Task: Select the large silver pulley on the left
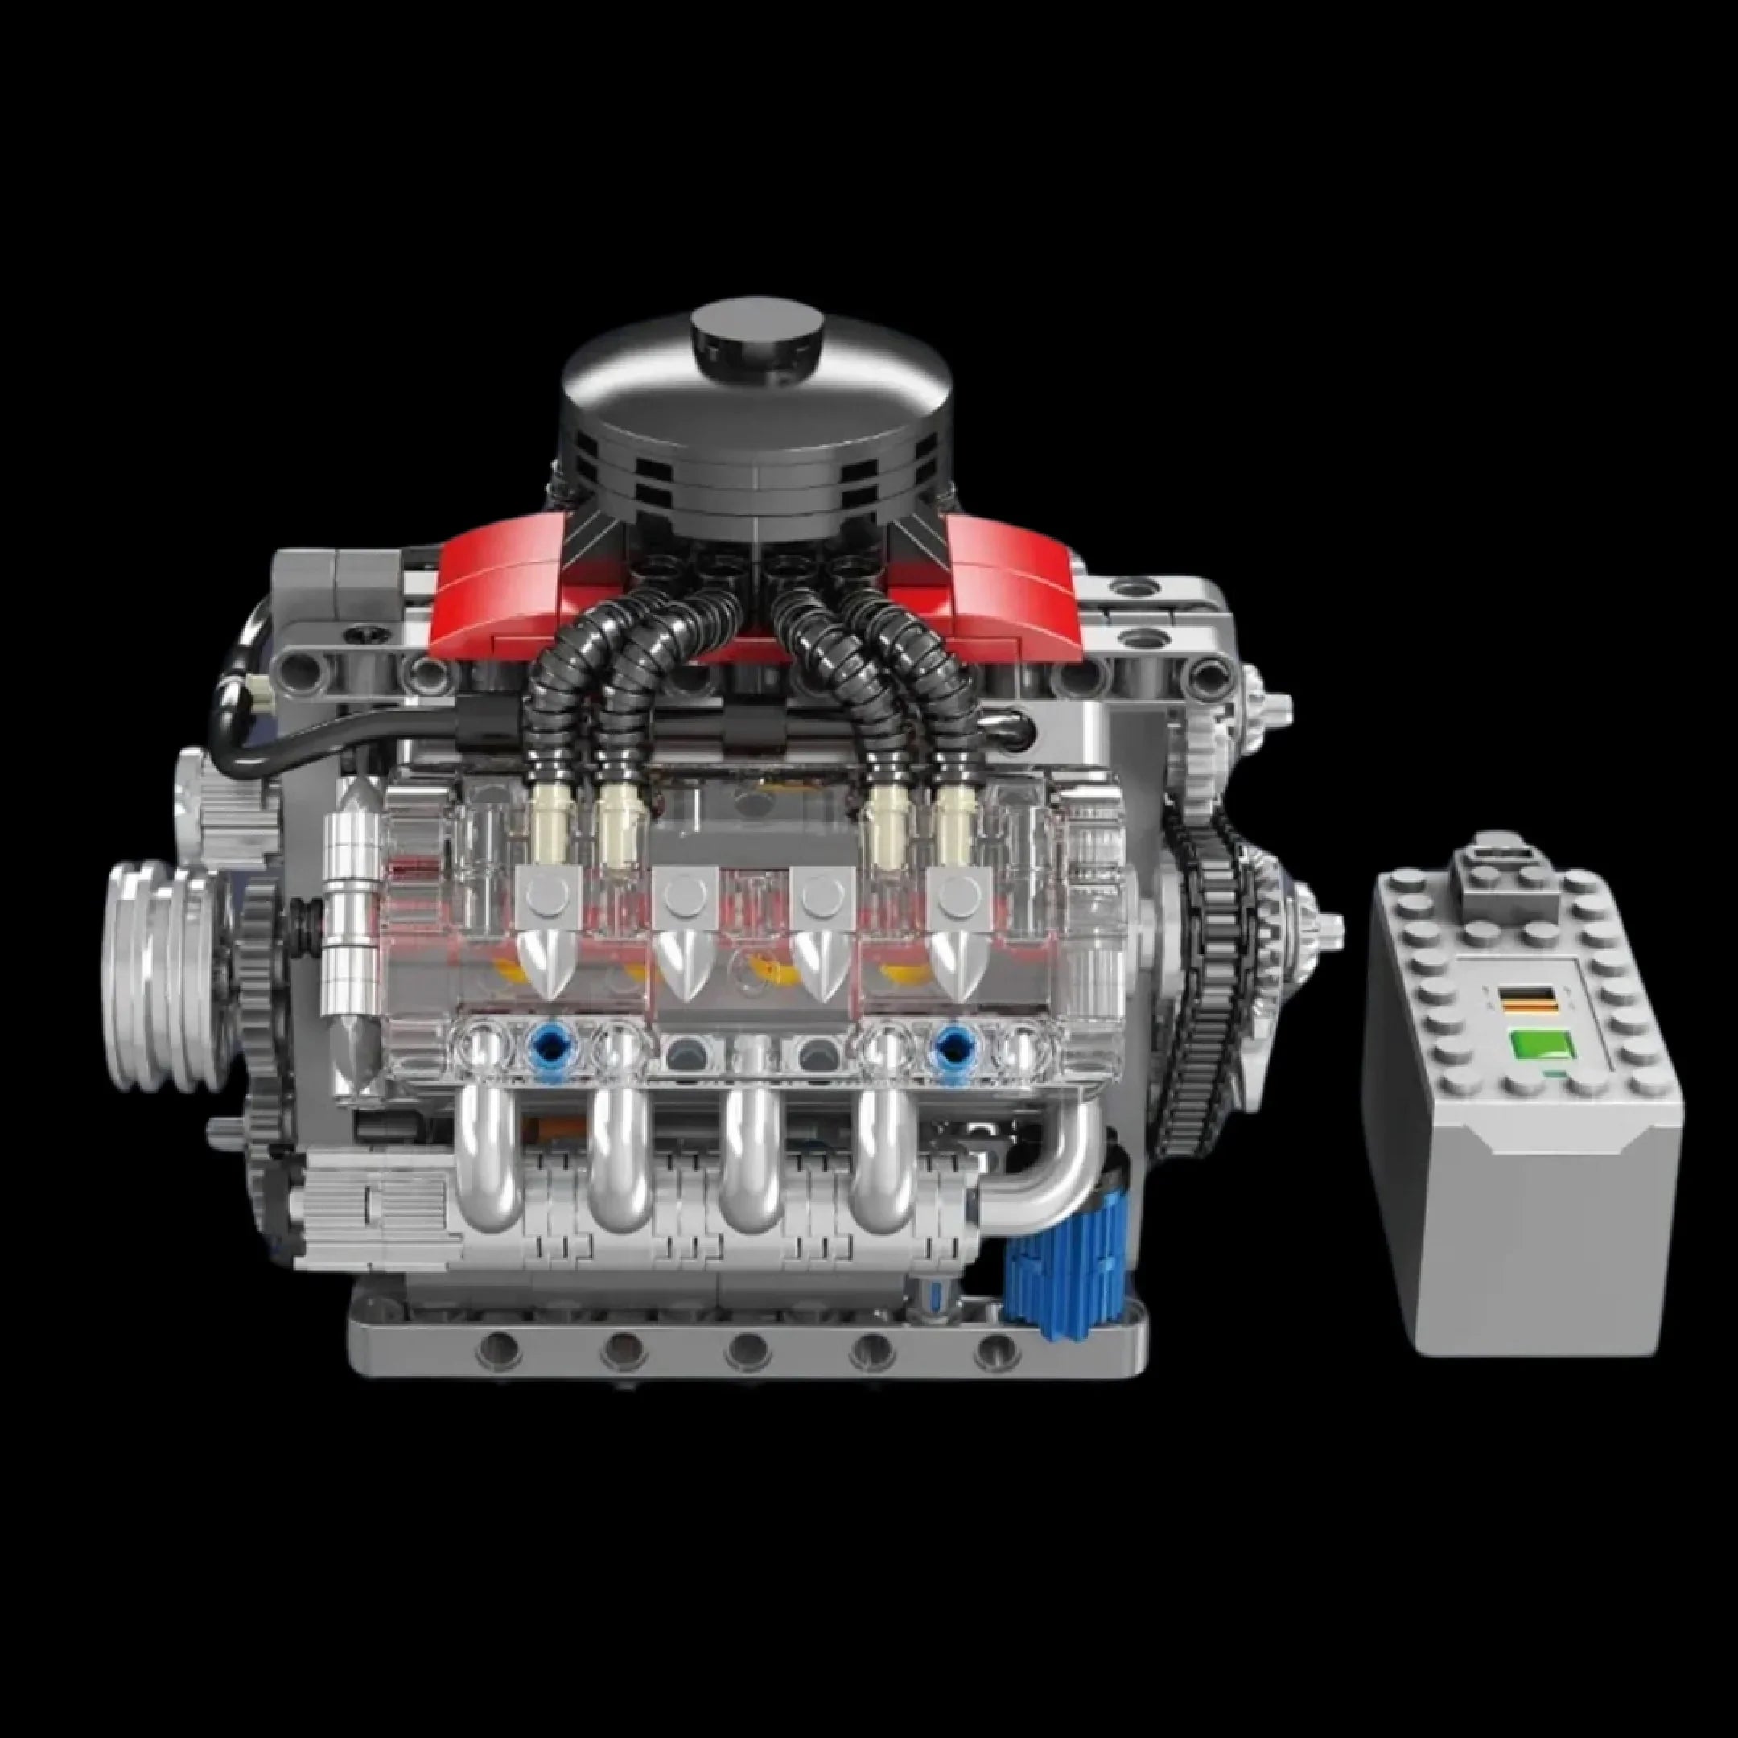click(162, 976)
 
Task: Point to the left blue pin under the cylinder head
click(547, 1044)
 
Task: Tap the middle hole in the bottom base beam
click(748, 1347)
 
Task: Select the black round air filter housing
click(756, 432)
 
